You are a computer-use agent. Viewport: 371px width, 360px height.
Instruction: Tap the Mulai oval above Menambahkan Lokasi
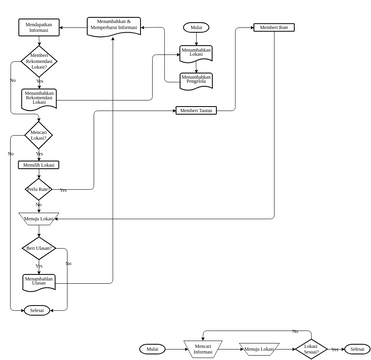click(x=196, y=27)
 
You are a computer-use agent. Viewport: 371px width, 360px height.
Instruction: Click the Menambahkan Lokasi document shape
click(x=196, y=51)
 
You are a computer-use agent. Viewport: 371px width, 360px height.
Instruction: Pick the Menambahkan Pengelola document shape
click(x=196, y=79)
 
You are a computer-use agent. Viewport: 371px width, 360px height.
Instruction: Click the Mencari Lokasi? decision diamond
click(x=39, y=133)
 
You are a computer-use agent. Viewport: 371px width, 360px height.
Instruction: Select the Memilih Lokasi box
click(x=39, y=164)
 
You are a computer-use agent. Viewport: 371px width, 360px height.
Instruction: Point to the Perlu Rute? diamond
click(x=38, y=188)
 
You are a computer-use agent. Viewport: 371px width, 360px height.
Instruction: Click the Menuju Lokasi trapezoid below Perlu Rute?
click(x=39, y=217)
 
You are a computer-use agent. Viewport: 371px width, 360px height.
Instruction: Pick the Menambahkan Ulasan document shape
click(x=39, y=282)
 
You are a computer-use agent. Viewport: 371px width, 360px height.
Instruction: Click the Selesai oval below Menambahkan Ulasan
click(x=38, y=311)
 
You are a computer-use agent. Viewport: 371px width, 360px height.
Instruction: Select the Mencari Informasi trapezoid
click(x=204, y=349)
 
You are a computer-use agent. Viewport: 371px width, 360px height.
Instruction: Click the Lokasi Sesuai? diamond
click(x=311, y=349)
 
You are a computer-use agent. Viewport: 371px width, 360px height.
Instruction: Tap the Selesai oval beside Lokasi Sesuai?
click(x=356, y=349)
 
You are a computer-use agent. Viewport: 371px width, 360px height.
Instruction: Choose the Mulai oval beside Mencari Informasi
click(x=153, y=349)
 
